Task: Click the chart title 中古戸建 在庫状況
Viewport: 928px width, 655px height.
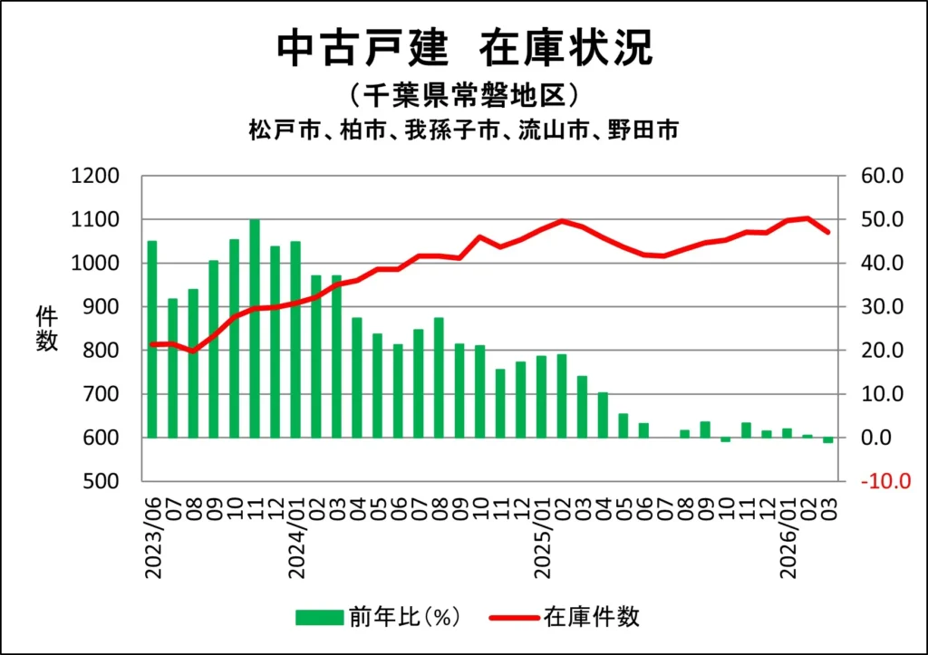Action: point(464,47)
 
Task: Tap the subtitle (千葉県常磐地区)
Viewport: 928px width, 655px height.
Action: point(463,94)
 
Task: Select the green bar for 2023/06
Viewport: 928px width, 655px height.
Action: point(152,339)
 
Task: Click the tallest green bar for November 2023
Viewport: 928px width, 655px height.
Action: point(255,328)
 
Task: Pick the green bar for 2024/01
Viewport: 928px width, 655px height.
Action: point(295,339)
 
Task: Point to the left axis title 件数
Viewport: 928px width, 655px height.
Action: point(47,329)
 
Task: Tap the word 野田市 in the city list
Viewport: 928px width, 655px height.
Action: point(649,130)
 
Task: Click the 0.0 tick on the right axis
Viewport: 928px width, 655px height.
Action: point(875,438)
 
